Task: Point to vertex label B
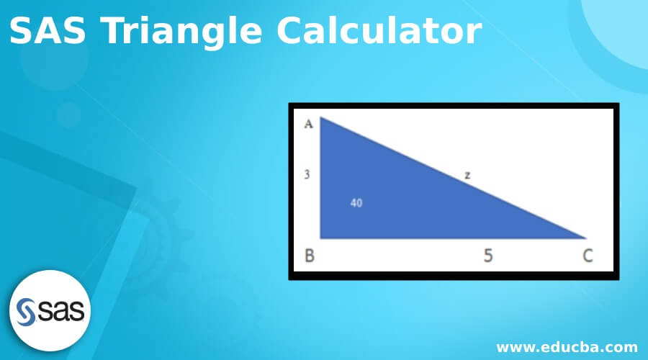310,256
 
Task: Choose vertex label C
588,256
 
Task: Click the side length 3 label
307,174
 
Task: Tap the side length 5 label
488,256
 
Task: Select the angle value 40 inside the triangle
356,202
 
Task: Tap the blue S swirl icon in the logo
27,311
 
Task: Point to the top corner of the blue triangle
321,119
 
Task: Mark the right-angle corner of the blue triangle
322,237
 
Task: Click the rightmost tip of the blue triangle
585,237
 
